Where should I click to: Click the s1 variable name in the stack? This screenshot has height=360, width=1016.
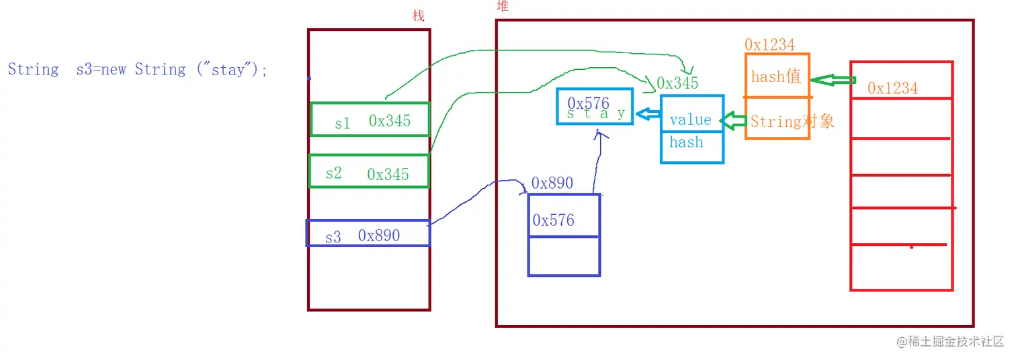pos(342,124)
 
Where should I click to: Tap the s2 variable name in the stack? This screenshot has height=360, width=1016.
pos(333,173)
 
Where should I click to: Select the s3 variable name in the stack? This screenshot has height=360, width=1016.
pos(333,237)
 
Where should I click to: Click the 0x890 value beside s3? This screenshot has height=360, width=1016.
pos(379,236)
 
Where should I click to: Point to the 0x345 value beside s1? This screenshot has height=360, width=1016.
pos(389,121)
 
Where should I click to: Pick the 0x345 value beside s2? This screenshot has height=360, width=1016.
pos(388,175)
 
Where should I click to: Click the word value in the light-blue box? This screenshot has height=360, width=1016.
pos(690,120)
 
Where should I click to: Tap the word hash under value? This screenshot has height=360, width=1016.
pos(686,142)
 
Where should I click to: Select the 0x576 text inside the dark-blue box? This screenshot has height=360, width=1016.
pos(553,220)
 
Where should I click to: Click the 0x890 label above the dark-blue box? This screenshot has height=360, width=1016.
pos(552,183)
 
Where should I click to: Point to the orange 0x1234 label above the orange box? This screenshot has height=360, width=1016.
pos(769,45)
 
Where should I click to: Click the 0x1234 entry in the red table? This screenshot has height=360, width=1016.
pos(892,88)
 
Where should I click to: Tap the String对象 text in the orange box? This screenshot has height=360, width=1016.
pos(792,122)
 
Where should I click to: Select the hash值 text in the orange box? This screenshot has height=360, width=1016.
pos(776,77)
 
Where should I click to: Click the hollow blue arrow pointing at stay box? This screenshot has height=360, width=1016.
pos(647,115)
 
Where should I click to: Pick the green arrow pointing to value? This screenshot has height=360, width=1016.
pos(734,122)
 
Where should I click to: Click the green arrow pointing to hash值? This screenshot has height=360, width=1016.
pos(833,81)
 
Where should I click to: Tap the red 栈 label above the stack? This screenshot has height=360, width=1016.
pos(419,16)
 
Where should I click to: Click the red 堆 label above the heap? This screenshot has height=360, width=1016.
pos(502,6)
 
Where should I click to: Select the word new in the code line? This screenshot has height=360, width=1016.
pos(113,69)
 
